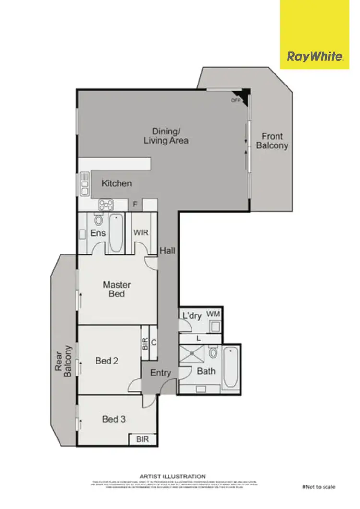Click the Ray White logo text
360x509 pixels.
coord(315,57)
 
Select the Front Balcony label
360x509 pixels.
coord(272,141)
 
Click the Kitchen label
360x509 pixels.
coord(117,183)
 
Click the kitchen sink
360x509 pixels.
coord(84,184)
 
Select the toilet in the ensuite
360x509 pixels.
coord(99,220)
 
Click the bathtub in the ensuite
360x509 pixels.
coord(116,233)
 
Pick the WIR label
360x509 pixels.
coord(141,232)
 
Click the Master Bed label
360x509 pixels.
coord(117,289)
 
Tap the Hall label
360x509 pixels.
coord(168,250)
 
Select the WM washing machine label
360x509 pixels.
coord(213,314)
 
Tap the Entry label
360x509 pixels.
coord(160,373)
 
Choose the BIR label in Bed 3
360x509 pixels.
coord(143,439)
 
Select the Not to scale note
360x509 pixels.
coord(319,487)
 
